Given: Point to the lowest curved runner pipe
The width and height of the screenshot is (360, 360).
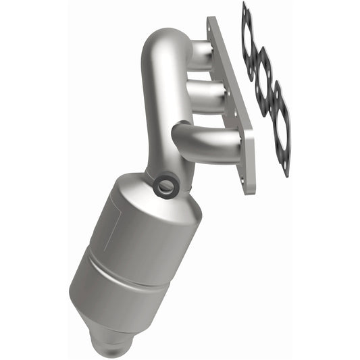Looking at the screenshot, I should pos(203,138).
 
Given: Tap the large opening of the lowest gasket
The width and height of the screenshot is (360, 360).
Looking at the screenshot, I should pos(280,125).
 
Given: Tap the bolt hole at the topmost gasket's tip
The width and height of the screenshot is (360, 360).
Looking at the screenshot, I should pos(244,8).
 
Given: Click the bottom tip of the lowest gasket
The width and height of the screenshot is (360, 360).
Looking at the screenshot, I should pos(286,172).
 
